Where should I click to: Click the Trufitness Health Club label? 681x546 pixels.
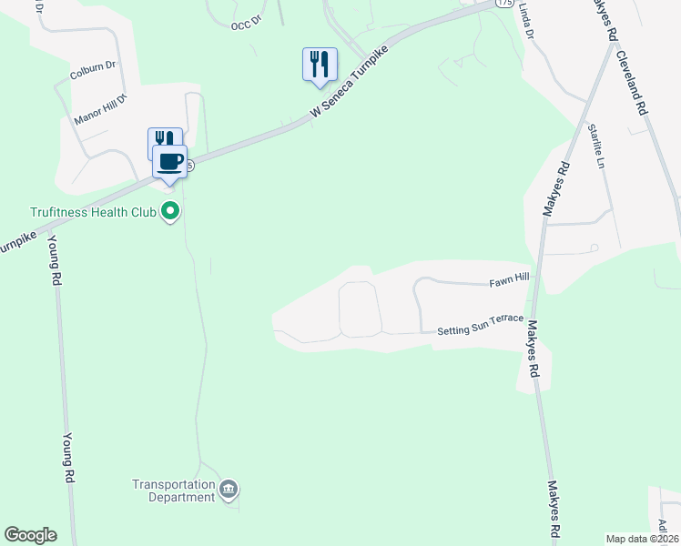click(x=93, y=212)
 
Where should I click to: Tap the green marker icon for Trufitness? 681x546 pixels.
click(x=169, y=213)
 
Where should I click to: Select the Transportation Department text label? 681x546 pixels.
click(x=173, y=490)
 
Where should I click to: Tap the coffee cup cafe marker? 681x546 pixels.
click(x=168, y=162)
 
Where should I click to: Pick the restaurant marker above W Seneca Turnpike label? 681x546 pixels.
click(x=320, y=65)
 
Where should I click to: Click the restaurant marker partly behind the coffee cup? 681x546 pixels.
click(x=160, y=138)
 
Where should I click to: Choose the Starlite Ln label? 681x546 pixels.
click(x=596, y=147)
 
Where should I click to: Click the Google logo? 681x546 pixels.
click(x=30, y=535)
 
